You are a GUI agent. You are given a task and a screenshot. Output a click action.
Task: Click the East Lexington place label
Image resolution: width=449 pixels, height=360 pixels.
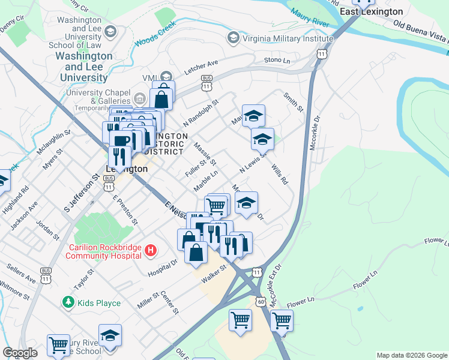click(371, 11)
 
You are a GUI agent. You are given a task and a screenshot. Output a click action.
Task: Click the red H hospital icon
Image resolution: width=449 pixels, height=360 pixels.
click(151, 250)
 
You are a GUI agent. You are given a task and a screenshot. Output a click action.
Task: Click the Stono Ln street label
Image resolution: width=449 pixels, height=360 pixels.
click(277, 61)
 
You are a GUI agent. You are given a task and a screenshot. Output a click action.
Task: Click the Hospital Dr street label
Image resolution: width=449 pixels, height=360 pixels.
click(163, 268)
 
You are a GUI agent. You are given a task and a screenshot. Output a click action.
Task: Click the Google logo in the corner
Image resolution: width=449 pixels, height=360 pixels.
click(20, 353)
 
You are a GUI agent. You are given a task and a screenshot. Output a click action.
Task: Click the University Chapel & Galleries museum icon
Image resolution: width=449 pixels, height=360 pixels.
click(140, 97)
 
